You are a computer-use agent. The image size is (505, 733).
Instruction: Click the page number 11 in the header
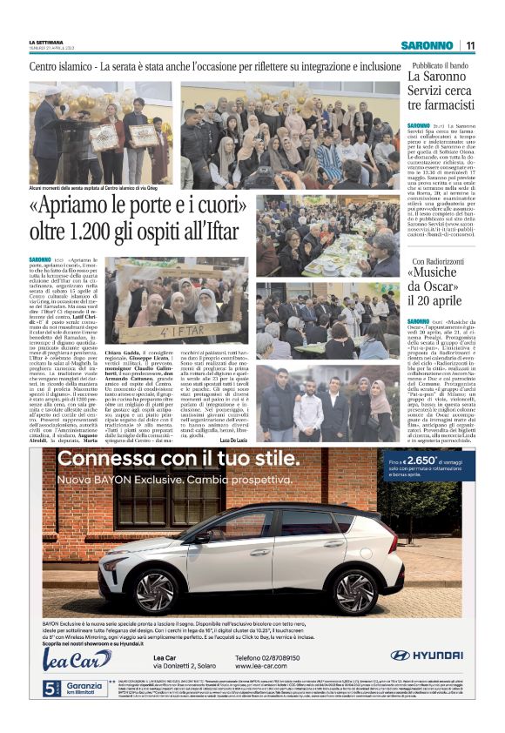pyautogui.click(x=469, y=45)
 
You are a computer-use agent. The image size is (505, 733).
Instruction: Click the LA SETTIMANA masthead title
pyautogui.click(x=46, y=41)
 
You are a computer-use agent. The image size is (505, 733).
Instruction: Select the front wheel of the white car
pyautogui.click(x=353, y=593)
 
